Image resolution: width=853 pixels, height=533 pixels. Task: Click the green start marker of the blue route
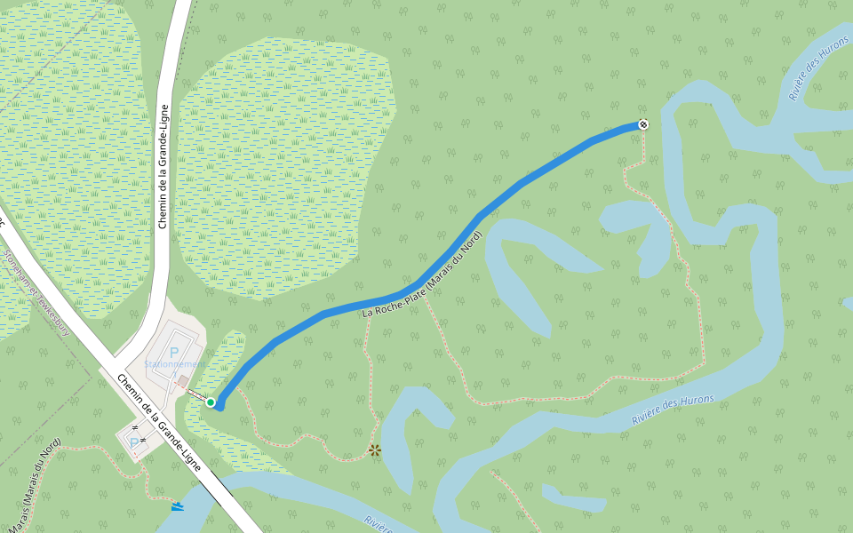[211, 402]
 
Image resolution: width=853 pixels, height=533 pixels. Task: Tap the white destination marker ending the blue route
[642, 124]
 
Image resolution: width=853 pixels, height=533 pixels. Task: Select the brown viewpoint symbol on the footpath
[375, 450]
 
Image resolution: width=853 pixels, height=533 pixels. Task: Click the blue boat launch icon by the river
[179, 506]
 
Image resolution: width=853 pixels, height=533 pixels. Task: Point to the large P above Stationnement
[174, 352]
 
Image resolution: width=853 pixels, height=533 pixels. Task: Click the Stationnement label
[174, 364]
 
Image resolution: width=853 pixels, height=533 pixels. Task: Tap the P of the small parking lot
[134, 442]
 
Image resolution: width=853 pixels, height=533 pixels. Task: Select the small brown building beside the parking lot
[182, 381]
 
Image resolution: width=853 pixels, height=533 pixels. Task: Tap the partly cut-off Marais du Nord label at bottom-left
[31, 484]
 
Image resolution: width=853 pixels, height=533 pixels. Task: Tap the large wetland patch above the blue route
[284, 169]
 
